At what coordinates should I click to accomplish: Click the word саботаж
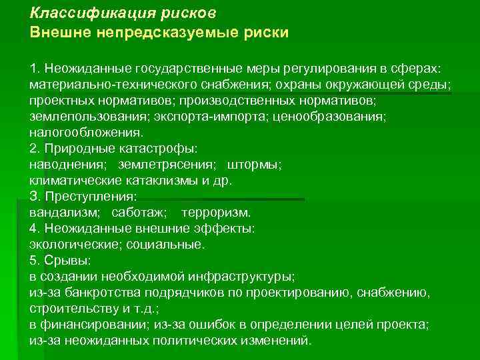(139, 213)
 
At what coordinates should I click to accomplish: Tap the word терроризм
(216, 213)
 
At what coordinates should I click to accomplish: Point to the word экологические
(71, 244)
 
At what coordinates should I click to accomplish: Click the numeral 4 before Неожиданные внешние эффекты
(33, 228)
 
